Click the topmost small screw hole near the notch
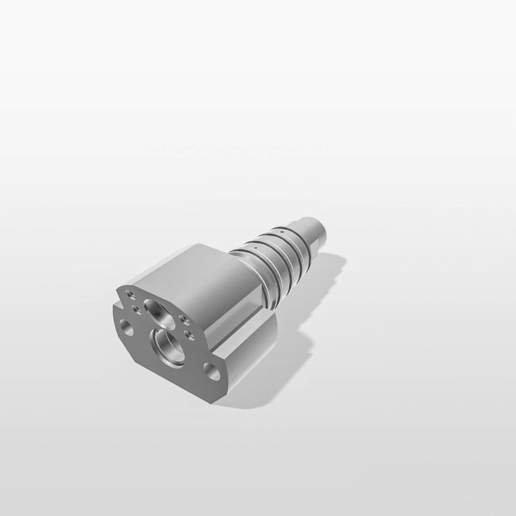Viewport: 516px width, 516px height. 130,293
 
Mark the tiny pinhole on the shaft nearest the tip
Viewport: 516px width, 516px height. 282,231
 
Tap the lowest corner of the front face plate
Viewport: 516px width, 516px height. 214,402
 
